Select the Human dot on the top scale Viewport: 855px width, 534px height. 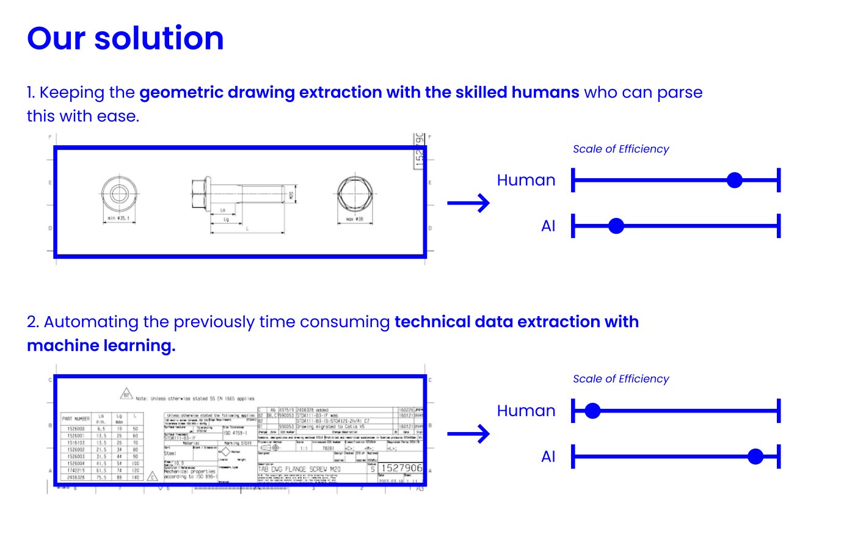click(x=735, y=180)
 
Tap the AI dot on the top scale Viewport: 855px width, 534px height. click(x=616, y=226)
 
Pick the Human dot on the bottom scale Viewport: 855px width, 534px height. click(x=592, y=411)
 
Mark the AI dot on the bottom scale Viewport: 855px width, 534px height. click(x=755, y=456)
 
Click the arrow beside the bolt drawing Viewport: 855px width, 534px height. click(x=468, y=203)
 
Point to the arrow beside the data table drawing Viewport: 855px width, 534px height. click(x=468, y=434)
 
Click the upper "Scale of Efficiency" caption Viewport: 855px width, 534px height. click(x=620, y=149)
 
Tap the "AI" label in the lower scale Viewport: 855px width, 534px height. click(x=548, y=456)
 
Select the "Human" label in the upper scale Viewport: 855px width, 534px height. click(x=526, y=180)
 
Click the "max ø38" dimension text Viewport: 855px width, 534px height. click(x=354, y=218)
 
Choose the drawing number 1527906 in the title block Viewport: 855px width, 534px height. click(x=401, y=468)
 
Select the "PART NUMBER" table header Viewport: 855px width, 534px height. click(x=76, y=419)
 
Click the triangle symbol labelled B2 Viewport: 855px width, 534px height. click(x=126, y=394)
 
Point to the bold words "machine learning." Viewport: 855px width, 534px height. click(x=101, y=345)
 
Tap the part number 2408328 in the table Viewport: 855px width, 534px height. click(x=76, y=477)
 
